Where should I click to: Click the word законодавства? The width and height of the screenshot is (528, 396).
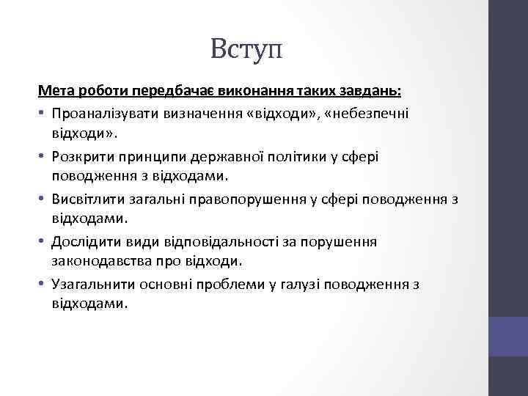pyautogui.click(x=103, y=262)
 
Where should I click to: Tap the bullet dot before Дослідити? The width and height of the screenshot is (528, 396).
pyautogui.click(x=42, y=241)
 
